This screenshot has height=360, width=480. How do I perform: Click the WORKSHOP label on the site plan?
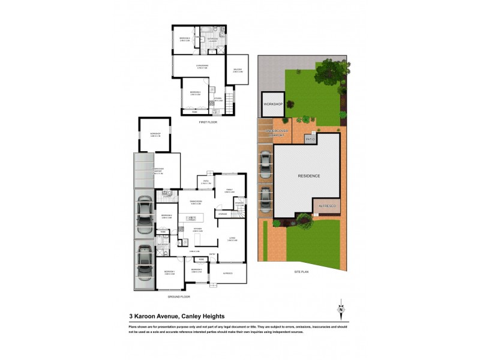point(272,104)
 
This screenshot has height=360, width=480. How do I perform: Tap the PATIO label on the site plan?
point(310,139)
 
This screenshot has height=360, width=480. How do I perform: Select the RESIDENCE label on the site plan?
point(309,176)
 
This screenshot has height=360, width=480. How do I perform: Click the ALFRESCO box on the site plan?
point(326,205)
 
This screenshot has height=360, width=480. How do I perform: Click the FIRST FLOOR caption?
point(208,122)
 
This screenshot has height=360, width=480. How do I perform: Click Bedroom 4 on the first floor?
point(185,40)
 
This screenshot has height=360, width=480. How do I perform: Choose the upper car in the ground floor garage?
point(145,214)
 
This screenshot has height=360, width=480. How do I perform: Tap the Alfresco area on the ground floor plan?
point(227,274)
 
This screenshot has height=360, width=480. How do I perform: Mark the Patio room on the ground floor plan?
point(205,182)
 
